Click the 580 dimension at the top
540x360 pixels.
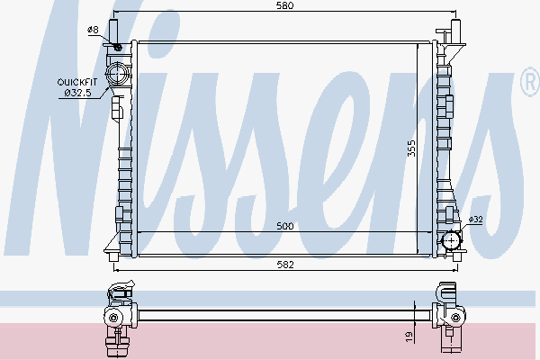coord(285,6)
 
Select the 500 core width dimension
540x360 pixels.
coord(285,227)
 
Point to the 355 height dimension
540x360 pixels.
coord(411,148)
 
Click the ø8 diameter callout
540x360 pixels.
coord(93,31)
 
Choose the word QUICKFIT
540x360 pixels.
coord(77,82)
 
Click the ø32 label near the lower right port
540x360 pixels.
coord(476,219)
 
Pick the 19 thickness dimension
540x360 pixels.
coord(409,335)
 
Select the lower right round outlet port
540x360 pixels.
coord(452,240)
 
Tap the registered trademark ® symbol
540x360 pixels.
coord(529,84)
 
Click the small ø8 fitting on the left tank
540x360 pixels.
coord(116,45)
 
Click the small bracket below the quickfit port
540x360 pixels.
coord(116,108)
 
